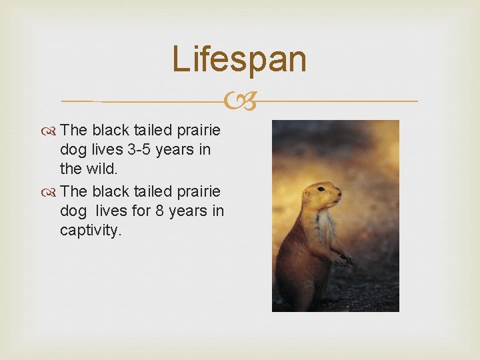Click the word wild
(x=103, y=170)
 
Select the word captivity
(x=91, y=232)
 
